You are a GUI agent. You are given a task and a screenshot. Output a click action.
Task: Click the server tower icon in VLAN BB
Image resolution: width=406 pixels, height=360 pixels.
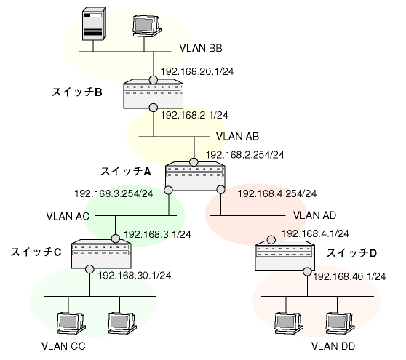pos(94,24)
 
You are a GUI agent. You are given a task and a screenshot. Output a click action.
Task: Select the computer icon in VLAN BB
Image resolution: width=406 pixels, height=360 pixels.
pos(147,26)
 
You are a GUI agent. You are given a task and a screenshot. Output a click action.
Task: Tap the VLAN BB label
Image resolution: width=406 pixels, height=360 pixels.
pos(201,48)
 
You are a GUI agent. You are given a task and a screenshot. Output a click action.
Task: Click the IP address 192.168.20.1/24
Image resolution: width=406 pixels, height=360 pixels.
pos(197,71)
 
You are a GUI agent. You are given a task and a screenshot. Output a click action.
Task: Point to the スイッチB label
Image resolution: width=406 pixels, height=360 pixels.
pos(77,92)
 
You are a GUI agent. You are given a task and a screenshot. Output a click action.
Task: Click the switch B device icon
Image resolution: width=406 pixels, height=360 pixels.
pos(153,94)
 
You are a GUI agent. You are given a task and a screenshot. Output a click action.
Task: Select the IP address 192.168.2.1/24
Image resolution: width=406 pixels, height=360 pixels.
pos(194,115)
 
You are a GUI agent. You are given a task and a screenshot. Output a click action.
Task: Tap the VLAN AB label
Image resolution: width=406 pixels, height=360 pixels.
pos(237,137)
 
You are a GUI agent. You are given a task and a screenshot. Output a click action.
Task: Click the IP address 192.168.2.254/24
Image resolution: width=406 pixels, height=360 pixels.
pos(245,155)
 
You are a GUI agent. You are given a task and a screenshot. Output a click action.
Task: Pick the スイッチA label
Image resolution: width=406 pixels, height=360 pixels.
pos(126,172)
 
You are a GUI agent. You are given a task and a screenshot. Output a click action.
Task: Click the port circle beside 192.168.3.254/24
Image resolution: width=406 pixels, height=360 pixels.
pos(168,191)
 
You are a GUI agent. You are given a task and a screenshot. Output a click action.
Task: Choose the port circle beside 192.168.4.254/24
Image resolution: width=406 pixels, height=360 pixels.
pos(221,190)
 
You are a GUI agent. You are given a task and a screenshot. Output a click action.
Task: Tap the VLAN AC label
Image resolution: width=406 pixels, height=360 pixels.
pos(68,216)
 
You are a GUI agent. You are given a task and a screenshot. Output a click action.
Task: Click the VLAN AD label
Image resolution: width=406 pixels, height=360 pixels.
pos(314,215)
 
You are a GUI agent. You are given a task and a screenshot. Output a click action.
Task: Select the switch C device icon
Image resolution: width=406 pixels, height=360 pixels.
pos(101,254)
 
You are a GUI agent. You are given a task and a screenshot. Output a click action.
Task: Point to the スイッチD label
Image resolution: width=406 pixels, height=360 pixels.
pos(351,253)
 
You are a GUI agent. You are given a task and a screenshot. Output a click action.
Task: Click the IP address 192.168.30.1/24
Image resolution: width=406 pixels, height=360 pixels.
pos(135,276)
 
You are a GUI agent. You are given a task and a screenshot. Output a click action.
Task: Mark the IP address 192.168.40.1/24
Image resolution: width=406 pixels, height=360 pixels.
pos(349,276)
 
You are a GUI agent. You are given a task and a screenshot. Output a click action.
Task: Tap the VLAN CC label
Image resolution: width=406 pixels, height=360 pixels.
pos(63,346)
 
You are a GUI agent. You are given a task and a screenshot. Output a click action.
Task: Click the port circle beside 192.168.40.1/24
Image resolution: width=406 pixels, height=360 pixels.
pos(307,272)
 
